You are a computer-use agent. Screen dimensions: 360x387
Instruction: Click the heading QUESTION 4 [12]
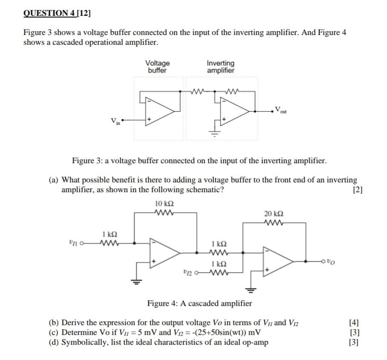click(x=58, y=13)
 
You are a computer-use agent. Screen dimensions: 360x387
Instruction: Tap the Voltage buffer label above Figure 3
click(x=157, y=67)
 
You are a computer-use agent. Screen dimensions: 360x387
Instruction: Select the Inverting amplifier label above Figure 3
click(x=220, y=67)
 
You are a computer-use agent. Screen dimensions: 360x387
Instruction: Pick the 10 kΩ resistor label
click(x=165, y=203)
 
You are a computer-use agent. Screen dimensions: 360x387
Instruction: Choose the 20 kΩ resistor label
click(x=274, y=213)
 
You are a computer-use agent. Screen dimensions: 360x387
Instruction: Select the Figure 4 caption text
click(x=199, y=303)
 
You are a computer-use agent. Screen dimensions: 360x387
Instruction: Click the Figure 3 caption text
click(x=199, y=161)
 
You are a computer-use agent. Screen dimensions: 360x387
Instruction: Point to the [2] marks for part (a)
click(x=357, y=190)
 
